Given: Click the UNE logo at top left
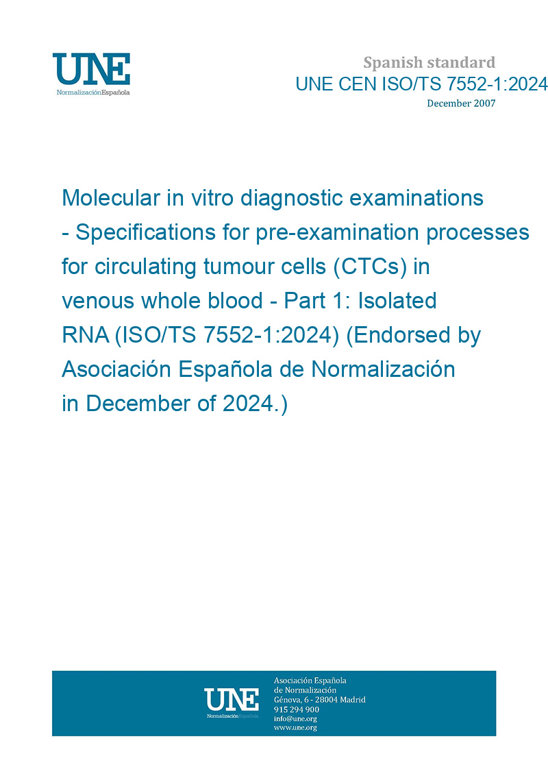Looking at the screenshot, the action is click(91, 74).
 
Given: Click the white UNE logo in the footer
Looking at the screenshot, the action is click(232, 703).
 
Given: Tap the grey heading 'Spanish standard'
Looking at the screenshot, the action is click(429, 63).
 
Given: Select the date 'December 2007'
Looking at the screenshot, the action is click(461, 103).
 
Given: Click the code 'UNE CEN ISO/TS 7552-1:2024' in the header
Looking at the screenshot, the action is click(421, 84).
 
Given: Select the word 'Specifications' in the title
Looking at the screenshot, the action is click(146, 233).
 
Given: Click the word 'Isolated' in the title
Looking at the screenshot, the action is click(397, 301).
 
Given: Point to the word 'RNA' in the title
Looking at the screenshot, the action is click(86, 335).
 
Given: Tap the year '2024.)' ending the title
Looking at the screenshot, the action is click(255, 404).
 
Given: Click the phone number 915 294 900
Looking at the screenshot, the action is click(297, 709).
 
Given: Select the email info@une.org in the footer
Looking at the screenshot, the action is click(295, 719).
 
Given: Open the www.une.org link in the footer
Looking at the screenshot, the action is click(295, 728).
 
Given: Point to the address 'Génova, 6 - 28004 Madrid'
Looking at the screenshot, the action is click(320, 700).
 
